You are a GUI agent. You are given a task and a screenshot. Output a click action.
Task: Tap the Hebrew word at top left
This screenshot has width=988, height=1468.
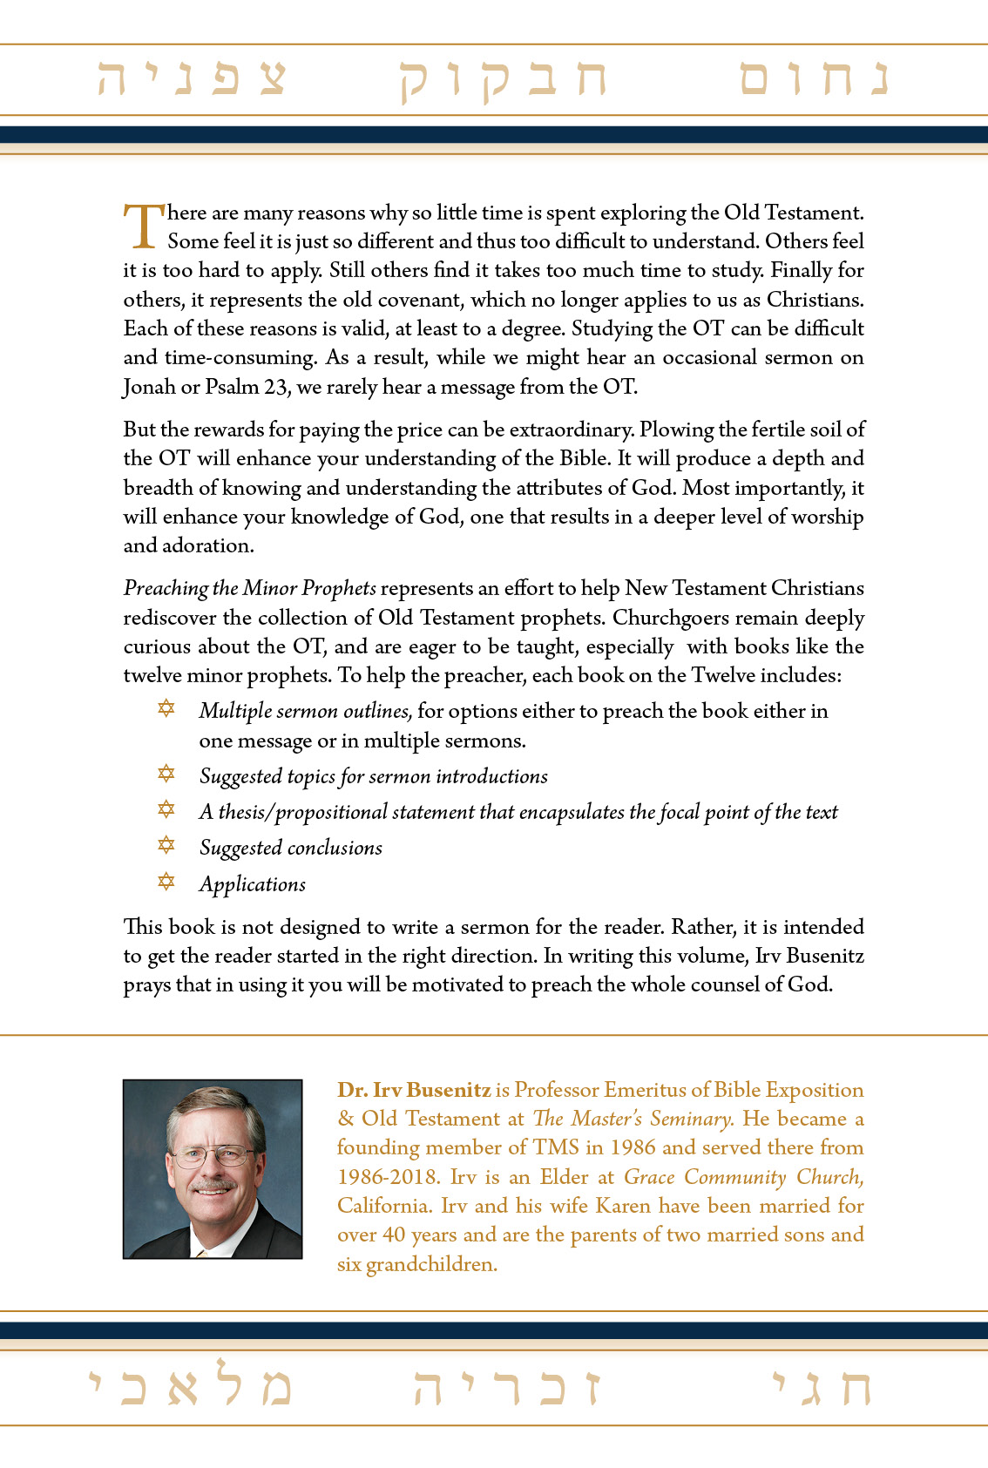coord(192,78)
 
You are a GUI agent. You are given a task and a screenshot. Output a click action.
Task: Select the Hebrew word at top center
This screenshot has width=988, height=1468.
coord(503,80)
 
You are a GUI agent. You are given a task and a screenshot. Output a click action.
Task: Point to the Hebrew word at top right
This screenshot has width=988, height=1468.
coord(813,78)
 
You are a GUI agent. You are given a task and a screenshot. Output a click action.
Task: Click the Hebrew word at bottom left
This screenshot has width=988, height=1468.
coord(191,1385)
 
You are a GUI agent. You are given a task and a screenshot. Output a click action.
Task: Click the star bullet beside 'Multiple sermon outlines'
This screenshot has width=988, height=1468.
coord(166,708)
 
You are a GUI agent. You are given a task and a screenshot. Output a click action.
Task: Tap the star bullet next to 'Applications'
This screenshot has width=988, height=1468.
coord(166,882)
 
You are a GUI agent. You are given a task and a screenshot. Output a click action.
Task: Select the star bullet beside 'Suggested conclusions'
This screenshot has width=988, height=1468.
coord(166,845)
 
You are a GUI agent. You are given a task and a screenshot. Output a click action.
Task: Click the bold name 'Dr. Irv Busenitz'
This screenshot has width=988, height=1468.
coord(414,1090)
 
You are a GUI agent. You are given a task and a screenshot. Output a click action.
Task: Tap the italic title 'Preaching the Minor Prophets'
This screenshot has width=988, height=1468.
coord(250,589)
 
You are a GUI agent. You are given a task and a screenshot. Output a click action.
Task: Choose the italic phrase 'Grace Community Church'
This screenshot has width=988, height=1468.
coord(743,1177)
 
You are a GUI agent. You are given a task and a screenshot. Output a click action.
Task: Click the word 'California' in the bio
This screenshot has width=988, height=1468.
coord(383,1206)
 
